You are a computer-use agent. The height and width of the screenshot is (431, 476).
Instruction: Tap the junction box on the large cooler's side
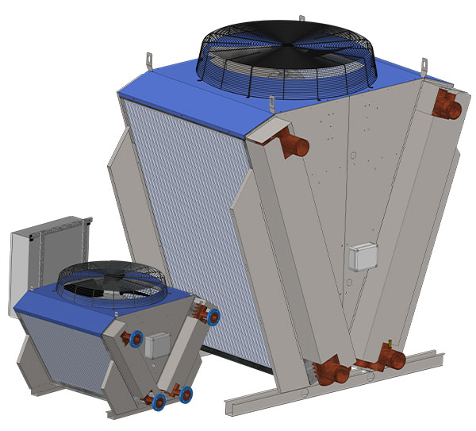363,256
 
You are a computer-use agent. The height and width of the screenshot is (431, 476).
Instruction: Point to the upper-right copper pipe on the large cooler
446,108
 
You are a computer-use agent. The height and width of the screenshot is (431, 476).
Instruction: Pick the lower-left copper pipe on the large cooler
328,370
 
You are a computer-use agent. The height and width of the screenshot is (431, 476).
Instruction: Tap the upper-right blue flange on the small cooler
212,316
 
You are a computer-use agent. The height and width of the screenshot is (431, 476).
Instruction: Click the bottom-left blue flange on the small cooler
159,399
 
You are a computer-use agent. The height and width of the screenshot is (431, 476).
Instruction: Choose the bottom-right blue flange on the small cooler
186,393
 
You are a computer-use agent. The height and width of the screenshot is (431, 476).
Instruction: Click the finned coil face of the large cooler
182,206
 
